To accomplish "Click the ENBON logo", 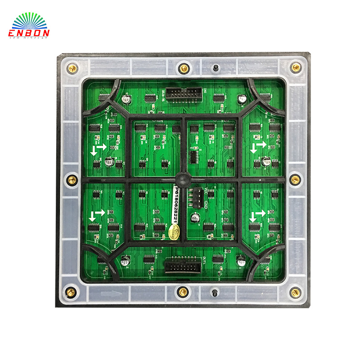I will tap(29, 27).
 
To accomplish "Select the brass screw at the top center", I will tap(184, 68).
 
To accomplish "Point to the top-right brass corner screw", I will tap(296, 67).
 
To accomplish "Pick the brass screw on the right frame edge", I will tap(295, 180).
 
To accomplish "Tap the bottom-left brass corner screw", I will tap(71, 292).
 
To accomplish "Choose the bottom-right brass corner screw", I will tap(295, 292).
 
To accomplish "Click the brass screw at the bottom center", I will tap(183, 292).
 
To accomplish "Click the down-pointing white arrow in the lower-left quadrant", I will tap(93, 216).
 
